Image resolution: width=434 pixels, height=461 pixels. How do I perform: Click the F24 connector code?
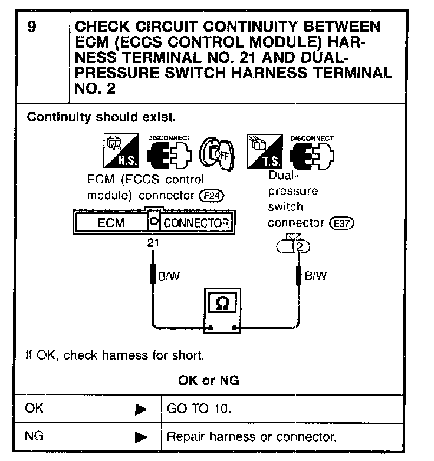click(217, 195)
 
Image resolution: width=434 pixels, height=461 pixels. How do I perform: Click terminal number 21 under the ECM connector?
click(153, 241)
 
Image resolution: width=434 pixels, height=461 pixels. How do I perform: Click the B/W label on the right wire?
click(316, 276)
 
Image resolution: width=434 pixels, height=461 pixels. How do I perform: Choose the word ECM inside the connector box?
click(110, 223)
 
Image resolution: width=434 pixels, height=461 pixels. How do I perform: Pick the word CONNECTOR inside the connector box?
click(196, 223)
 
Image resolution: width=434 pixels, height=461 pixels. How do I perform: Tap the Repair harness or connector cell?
click(252, 437)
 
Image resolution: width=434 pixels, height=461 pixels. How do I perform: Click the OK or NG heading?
click(209, 380)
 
